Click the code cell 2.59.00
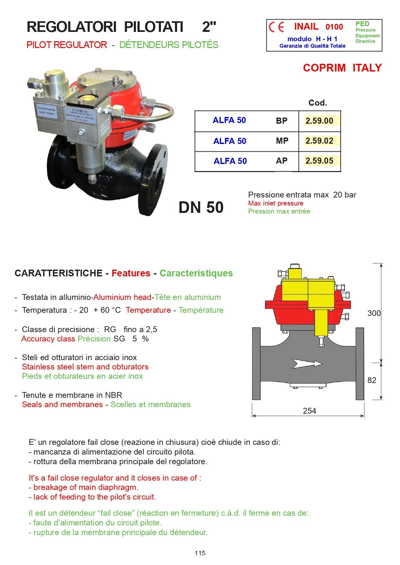tap(319, 121)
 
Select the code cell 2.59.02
tap(319, 141)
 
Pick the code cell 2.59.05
tap(319, 161)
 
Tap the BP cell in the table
tap(281, 121)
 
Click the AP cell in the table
tap(281, 161)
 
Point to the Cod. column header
tap(317, 103)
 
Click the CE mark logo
tap(277, 27)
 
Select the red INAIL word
tap(306, 26)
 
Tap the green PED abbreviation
tap(362, 24)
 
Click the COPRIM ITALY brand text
tap(342, 68)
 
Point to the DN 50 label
tap(201, 207)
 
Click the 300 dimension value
tap(374, 313)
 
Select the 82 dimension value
tap(372, 380)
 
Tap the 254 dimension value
tap(309, 411)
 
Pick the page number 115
tap(200, 553)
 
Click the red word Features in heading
tap(131, 273)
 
